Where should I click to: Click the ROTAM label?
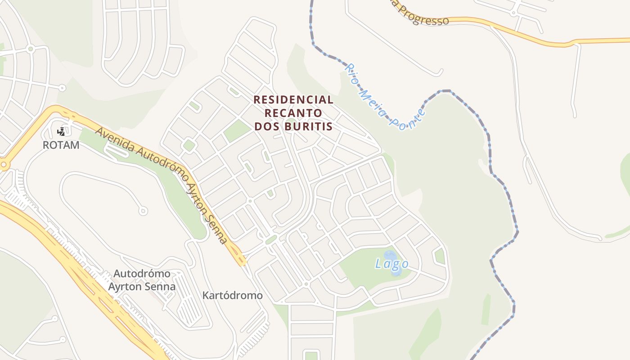61,145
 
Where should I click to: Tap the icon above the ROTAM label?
61,132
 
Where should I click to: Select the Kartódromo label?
232,296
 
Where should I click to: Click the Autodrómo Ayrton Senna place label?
142,280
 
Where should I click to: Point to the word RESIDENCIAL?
293,99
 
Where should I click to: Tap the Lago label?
391,264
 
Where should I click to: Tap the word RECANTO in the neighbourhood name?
293,113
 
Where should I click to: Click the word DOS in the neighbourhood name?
266,126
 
